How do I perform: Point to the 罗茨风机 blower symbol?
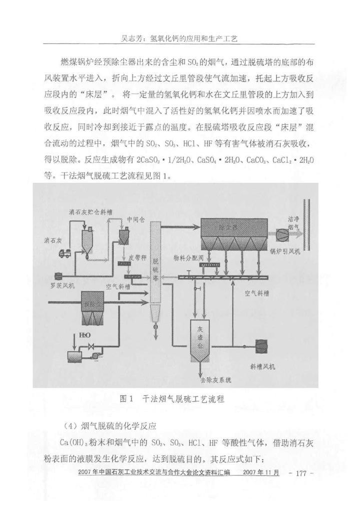[58, 275]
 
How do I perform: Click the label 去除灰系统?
[216, 380]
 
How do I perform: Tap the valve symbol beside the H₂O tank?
[91, 347]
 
